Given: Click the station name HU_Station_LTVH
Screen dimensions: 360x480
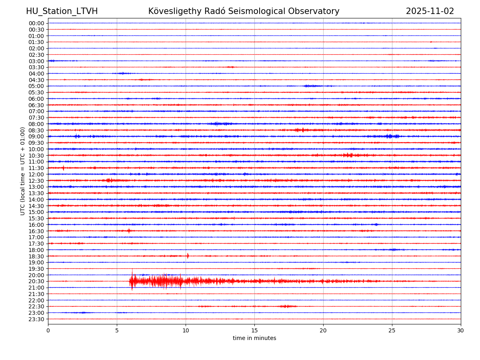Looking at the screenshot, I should (x=62, y=11).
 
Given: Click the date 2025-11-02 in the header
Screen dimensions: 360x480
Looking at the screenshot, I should (x=430, y=11).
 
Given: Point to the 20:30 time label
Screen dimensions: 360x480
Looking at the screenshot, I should (x=36, y=281).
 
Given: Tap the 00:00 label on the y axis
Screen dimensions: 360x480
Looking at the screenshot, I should (x=36, y=23).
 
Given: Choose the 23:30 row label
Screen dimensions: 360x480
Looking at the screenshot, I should (x=36, y=319).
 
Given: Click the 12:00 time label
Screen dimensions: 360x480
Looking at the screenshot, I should (x=36, y=174).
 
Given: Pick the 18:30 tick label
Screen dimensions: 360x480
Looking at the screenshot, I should (x=36, y=256).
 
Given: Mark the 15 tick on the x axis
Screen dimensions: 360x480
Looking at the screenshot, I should (x=254, y=331).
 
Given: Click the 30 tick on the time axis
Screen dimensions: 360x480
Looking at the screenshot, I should (x=461, y=331).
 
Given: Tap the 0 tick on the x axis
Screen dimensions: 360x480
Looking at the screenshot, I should (x=48, y=331).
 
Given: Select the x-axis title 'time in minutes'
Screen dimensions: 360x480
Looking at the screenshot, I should (x=254, y=338).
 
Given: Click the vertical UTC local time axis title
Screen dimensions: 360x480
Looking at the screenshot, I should (x=23, y=171).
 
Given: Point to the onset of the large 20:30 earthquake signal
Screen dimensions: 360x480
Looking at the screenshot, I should (x=130, y=281).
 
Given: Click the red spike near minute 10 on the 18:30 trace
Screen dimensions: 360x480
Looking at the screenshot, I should (x=188, y=256).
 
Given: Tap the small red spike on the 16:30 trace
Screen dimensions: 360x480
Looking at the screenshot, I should (x=129, y=231).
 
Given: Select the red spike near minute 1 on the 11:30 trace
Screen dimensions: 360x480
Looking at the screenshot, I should (x=63, y=168).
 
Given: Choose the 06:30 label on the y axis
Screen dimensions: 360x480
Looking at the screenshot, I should (x=36, y=105).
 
